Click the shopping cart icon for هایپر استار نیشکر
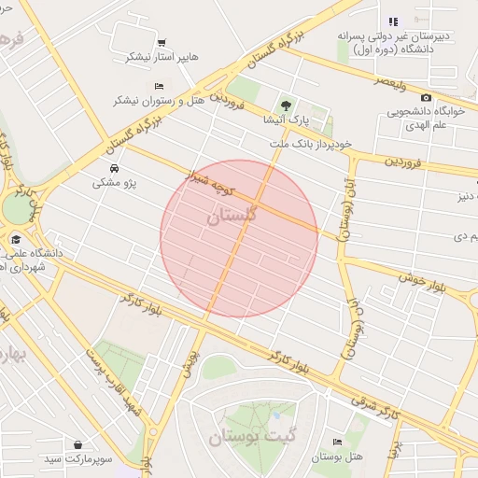coord(162,43)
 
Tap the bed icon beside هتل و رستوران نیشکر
coord(146,86)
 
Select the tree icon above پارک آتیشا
coord(286,105)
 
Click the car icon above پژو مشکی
coord(113,169)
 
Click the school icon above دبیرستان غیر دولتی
coord(393,21)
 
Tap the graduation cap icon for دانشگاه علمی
coord(16,239)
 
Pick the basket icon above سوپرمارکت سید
coord(76,445)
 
